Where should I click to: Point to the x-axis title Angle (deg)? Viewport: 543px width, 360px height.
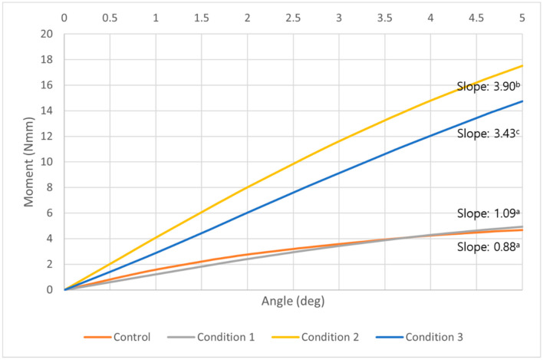(293, 301)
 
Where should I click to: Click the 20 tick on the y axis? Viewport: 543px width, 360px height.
(48, 34)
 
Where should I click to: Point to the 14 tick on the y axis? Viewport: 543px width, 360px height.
(48, 111)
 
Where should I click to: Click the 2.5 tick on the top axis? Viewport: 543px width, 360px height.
(293, 17)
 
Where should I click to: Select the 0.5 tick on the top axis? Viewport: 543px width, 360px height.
(110, 17)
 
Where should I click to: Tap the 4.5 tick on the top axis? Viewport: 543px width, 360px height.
(476, 17)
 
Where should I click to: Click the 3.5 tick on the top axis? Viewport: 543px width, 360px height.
(384, 17)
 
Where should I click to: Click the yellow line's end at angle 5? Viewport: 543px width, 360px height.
(522, 66)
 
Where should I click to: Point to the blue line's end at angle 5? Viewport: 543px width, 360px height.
(522, 101)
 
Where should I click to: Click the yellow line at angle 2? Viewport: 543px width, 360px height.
(247, 187)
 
